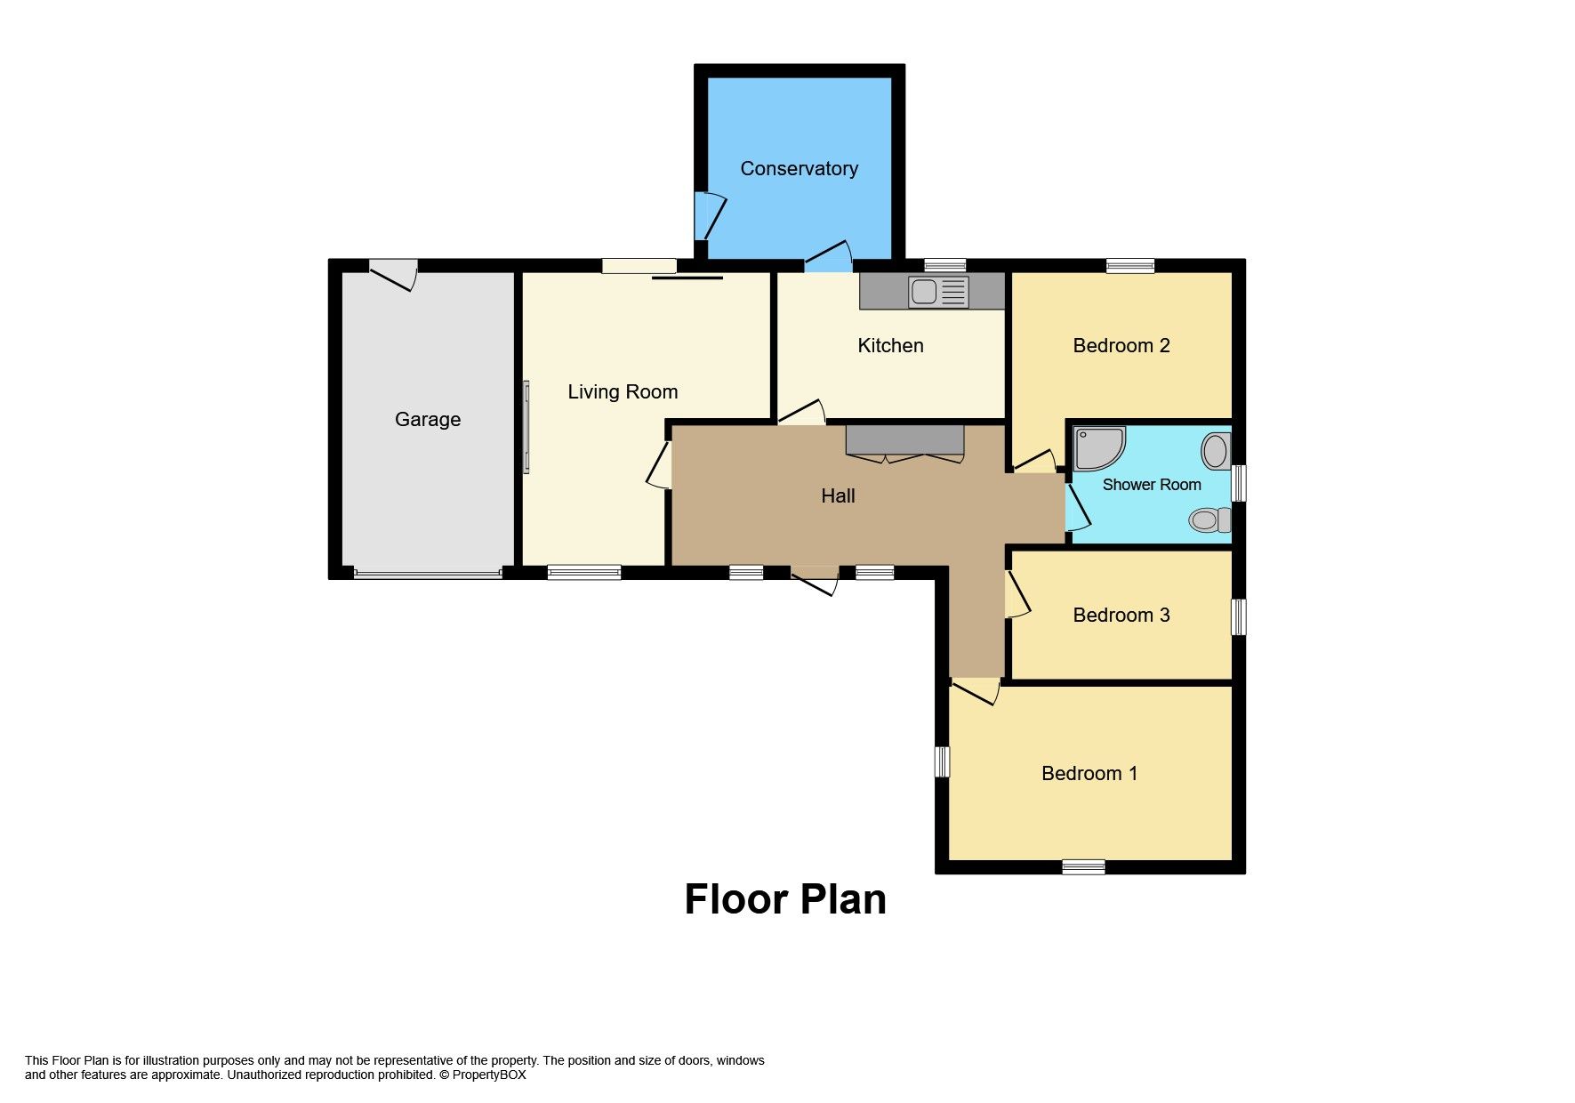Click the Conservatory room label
click(x=799, y=169)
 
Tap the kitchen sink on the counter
click(x=938, y=291)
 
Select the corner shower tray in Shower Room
click(x=1097, y=448)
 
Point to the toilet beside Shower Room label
click(x=1209, y=519)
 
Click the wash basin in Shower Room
click(x=1216, y=451)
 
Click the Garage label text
click(x=428, y=420)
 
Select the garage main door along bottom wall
click(x=428, y=575)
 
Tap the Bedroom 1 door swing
click(x=976, y=691)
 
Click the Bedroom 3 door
click(x=1017, y=595)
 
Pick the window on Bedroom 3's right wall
click(x=1238, y=616)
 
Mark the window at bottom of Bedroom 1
click(x=1083, y=866)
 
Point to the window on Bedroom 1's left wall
click(x=942, y=761)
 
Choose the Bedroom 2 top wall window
click(x=1130, y=265)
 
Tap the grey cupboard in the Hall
click(x=904, y=439)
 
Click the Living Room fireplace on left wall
click(x=526, y=427)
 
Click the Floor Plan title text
click(x=785, y=899)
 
